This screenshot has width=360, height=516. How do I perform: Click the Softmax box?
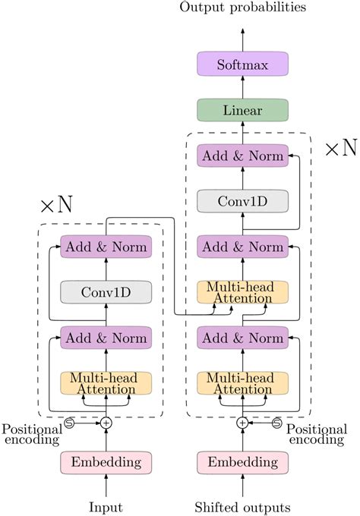[242, 65]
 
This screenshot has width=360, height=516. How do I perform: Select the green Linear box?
[242, 111]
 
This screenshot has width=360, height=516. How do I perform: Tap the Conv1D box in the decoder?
[242, 201]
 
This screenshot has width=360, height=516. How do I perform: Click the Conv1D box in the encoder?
[106, 291]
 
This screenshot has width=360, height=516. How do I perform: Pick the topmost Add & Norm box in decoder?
[242, 156]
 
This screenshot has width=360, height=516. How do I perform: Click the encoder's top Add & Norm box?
[106, 247]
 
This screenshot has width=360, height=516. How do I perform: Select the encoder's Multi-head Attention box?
[106, 382]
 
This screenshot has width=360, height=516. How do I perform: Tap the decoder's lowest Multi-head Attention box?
[242, 382]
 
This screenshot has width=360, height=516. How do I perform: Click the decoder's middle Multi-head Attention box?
[242, 292]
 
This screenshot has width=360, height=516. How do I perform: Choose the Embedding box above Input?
[106, 461]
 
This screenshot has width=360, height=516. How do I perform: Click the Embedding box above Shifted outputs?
[242, 461]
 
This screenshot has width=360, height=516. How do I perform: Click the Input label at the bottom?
[106, 506]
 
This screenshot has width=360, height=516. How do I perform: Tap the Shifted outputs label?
[242, 506]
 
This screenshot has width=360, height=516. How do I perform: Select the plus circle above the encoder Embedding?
[106, 423]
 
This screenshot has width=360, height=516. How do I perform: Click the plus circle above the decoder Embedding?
[242, 423]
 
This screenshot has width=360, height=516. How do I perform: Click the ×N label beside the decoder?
[340, 147]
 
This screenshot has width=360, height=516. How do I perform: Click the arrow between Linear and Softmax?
[242, 88]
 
